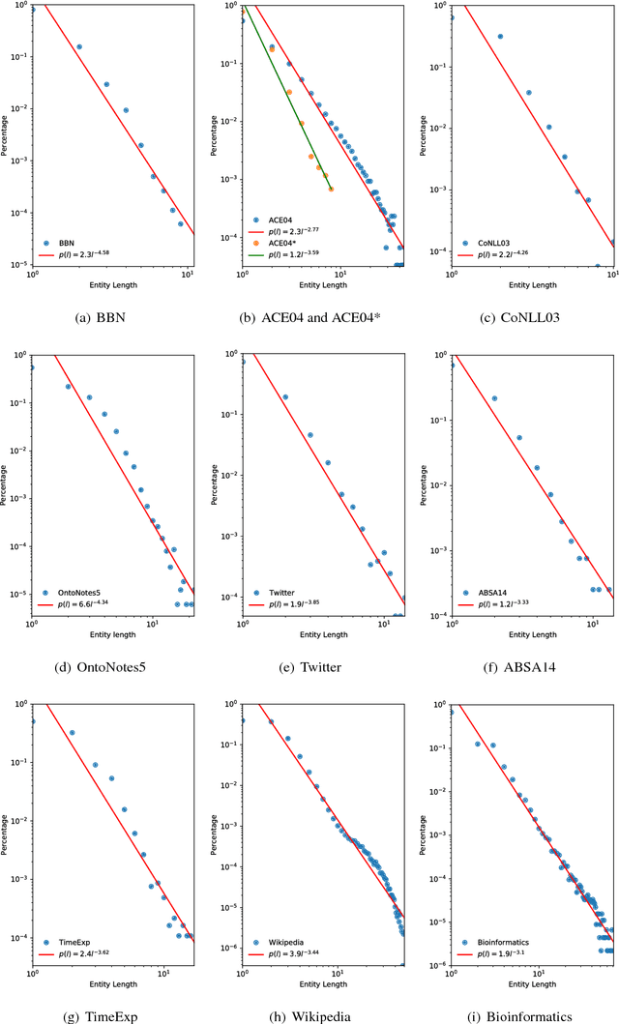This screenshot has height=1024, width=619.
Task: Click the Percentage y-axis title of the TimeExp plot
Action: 6,832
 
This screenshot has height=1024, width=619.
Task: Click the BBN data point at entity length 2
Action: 79,46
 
